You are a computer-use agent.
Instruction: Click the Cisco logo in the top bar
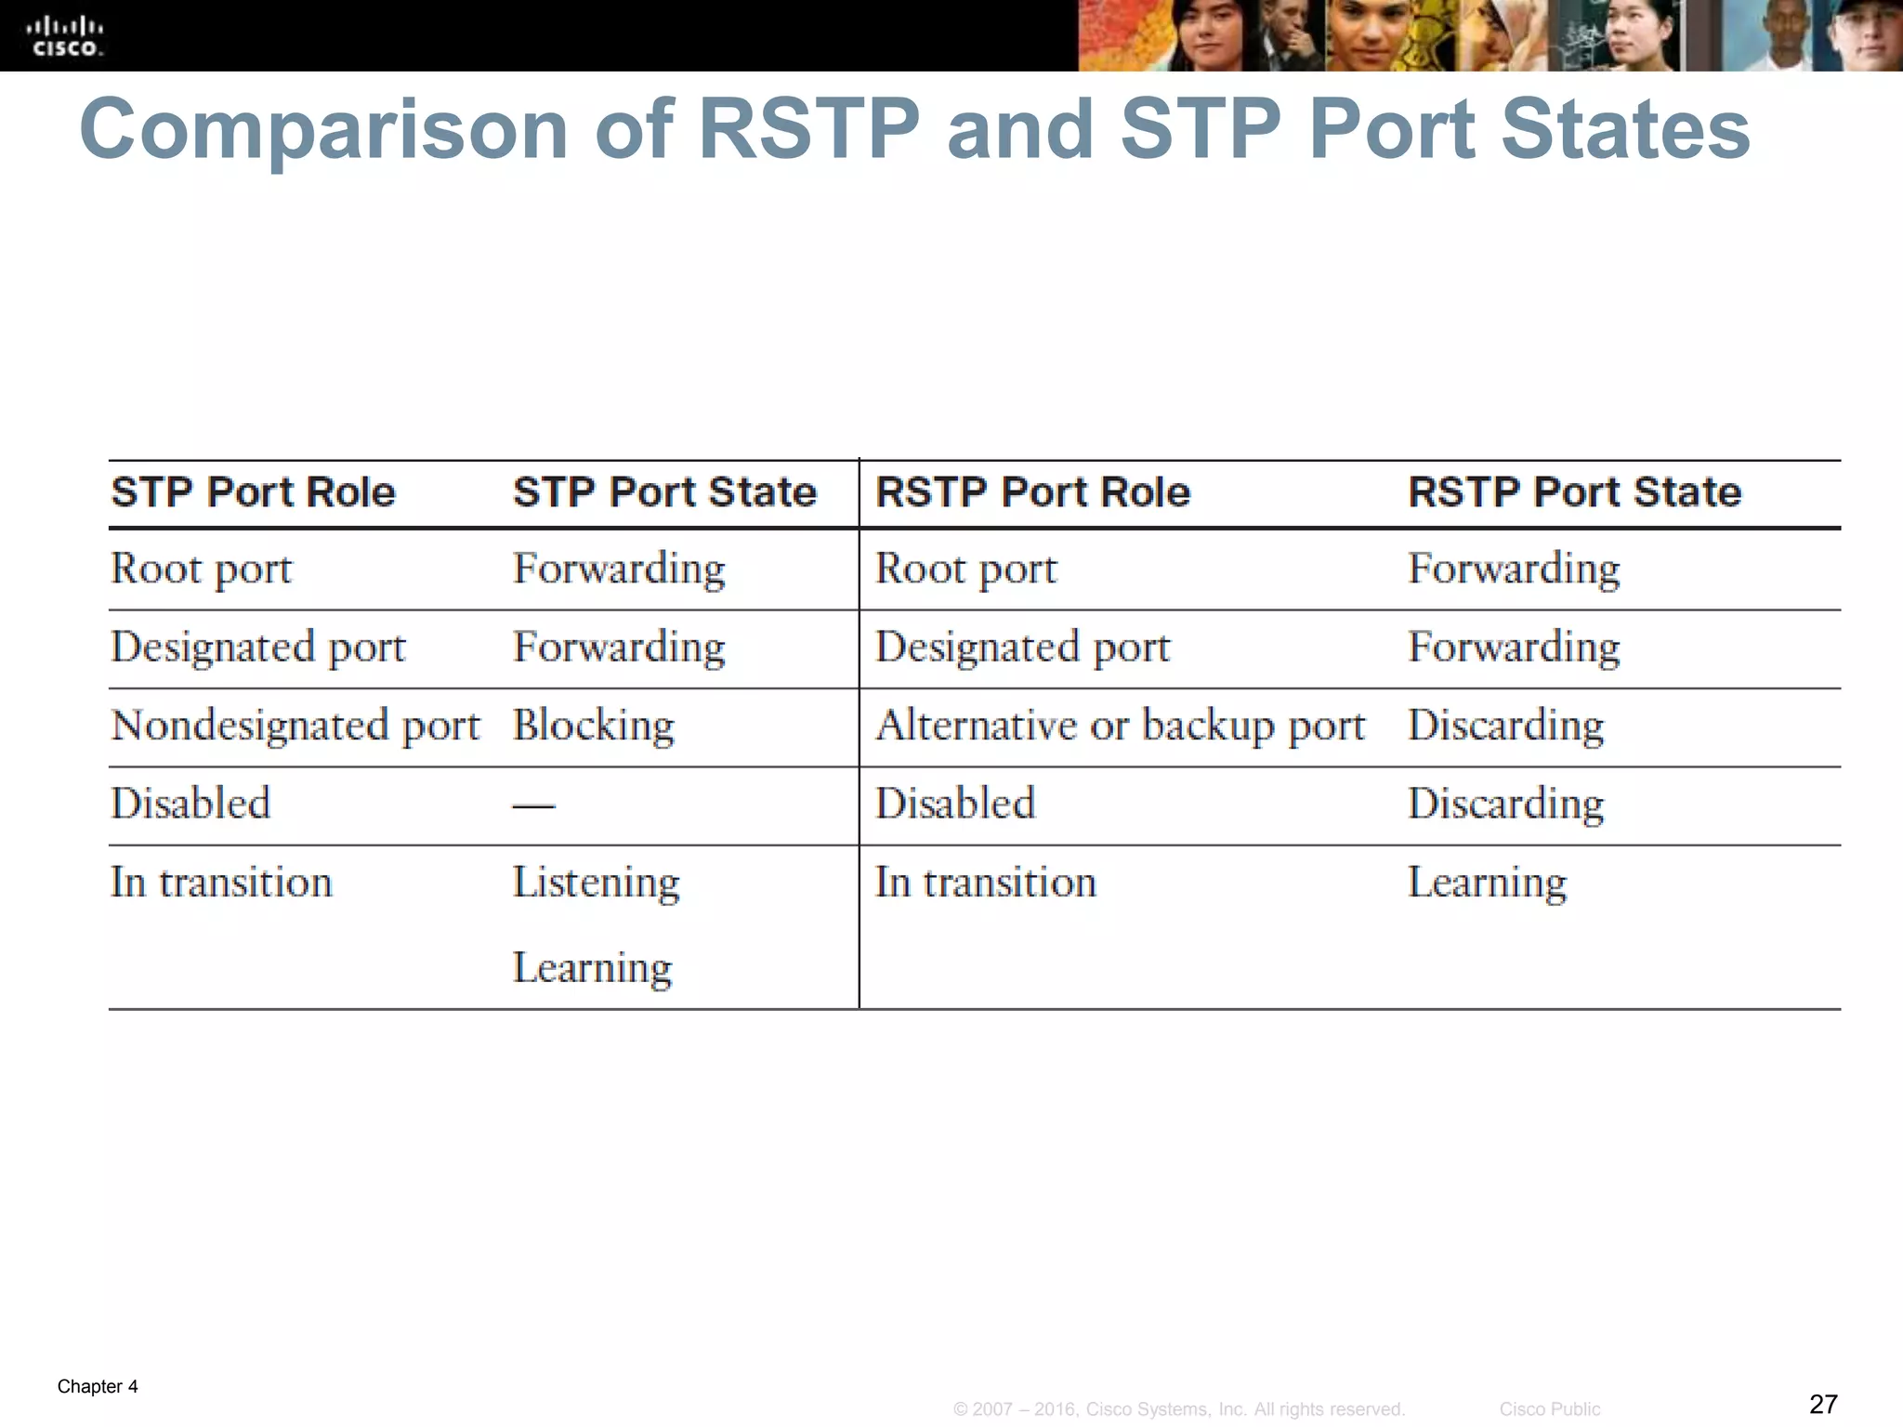(x=65, y=36)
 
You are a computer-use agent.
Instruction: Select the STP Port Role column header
(x=253, y=491)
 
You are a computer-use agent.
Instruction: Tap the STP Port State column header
(x=664, y=491)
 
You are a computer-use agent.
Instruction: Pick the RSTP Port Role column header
(x=1032, y=491)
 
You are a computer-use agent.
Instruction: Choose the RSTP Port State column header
(x=1574, y=491)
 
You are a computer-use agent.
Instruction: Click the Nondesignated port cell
(x=295, y=726)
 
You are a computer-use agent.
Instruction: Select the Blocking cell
(x=593, y=726)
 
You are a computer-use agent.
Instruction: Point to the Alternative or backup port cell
(x=1120, y=726)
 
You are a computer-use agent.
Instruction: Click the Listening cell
(x=596, y=883)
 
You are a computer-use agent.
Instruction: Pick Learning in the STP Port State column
(x=592, y=968)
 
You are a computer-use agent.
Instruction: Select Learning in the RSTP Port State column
(x=1487, y=883)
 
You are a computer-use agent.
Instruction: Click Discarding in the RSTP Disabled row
(x=1505, y=804)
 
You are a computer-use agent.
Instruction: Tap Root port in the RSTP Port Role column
(x=965, y=569)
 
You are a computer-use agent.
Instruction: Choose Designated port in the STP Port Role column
(x=258, y=648)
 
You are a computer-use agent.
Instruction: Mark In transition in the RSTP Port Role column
(x=985, y=883)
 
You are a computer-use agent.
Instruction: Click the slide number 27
(x=1823, y=1404)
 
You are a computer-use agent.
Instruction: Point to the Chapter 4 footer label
(x=98, y=1386)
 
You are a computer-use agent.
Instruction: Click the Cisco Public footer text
(x=1549, y=1409)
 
